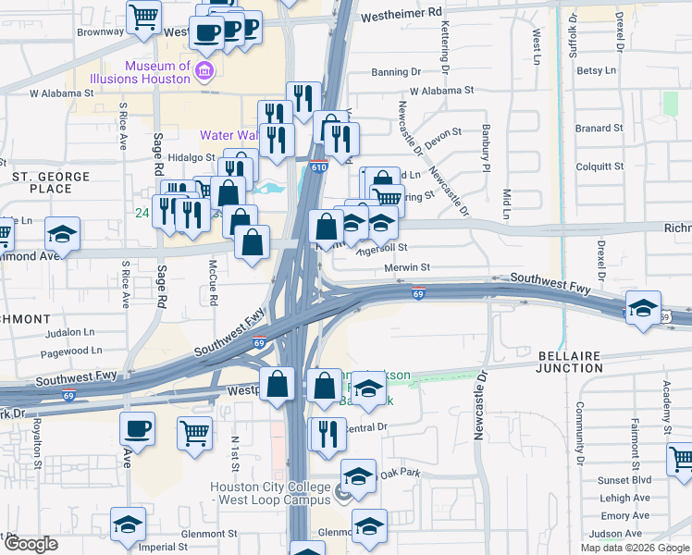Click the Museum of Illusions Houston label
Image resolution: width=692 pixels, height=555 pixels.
pos(160,72)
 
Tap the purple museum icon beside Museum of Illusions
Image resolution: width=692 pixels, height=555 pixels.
pos(205,70)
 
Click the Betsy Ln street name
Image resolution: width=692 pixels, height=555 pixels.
pos(596,70)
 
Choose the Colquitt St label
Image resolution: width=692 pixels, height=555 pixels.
pos(599,166)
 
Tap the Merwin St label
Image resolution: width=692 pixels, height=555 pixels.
pos(407,266)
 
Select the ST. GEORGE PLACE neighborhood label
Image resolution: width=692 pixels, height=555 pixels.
pos(50,182)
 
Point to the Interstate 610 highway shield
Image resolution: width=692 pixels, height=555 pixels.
pos(318,167)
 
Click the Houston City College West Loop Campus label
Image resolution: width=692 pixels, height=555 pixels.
pos(269,494)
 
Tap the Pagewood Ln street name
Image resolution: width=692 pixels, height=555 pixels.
pos(71,351)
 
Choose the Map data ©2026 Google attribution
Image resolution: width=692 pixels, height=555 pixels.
pos(635,548)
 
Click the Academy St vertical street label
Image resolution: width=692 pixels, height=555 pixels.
pos(665,408)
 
